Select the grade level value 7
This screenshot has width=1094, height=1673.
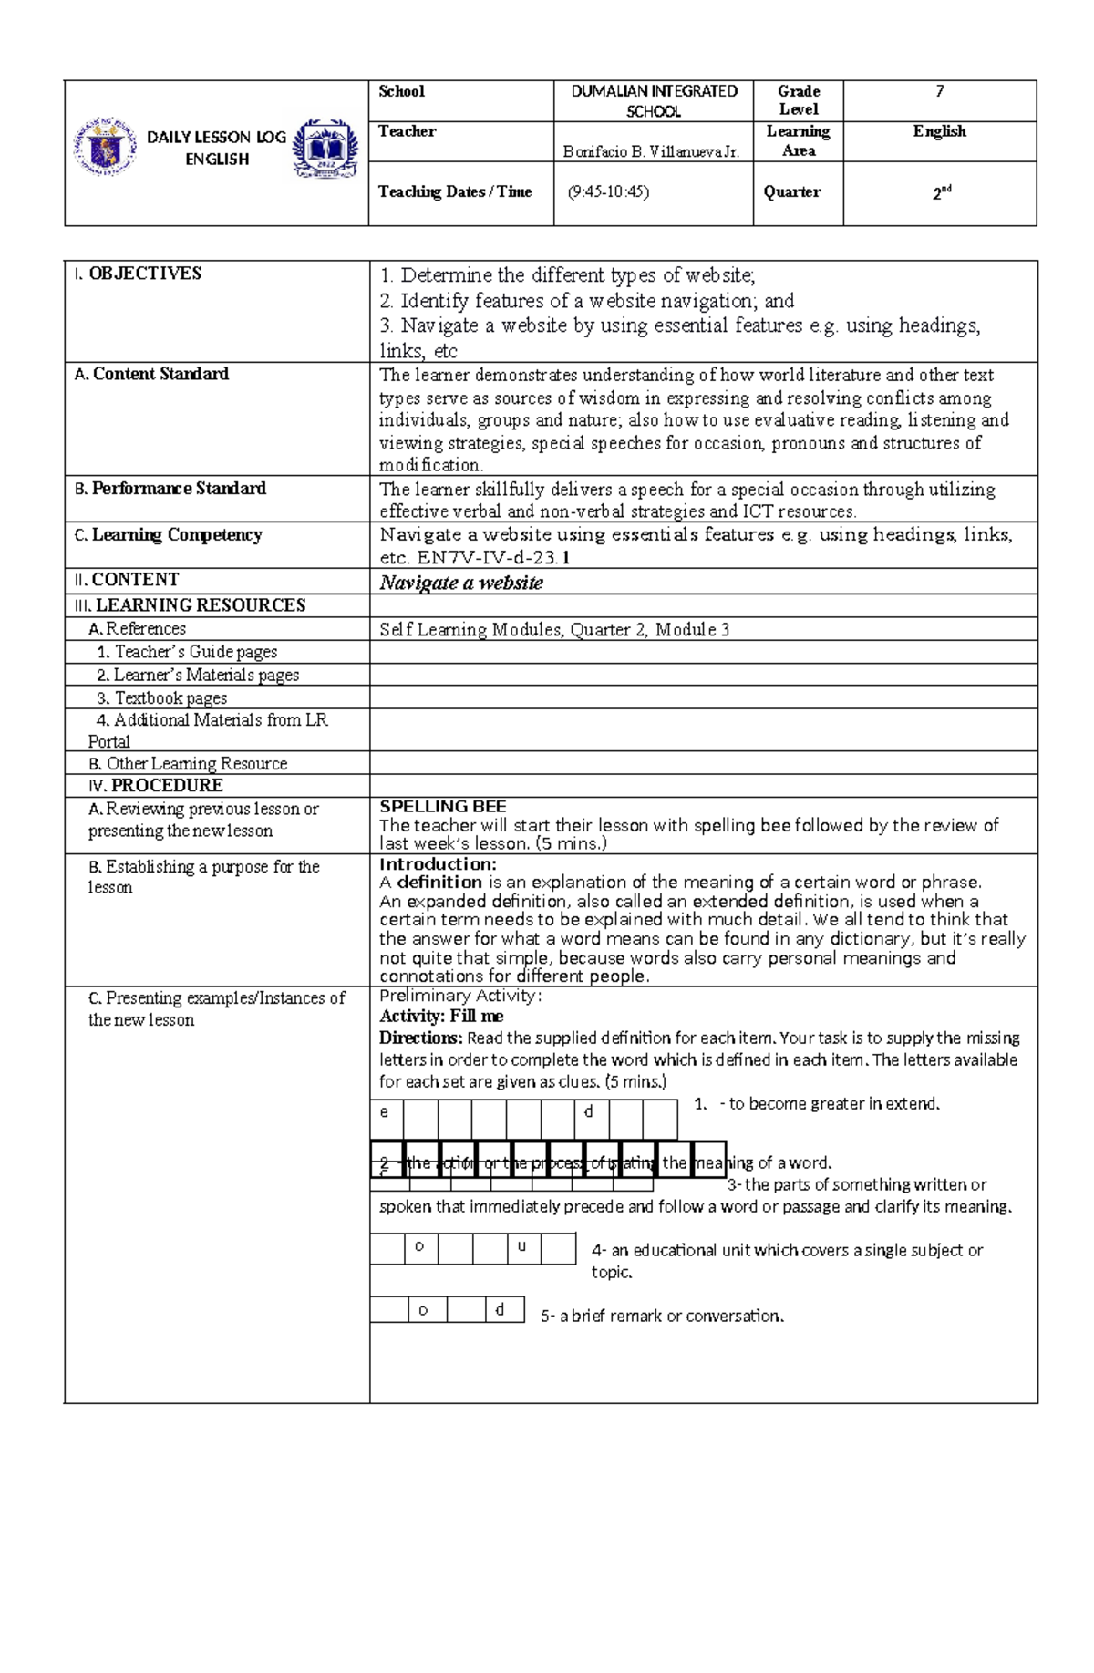click(939, 91)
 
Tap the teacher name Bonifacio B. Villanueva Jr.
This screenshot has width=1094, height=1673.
click(651, 152)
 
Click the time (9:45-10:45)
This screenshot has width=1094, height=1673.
click(608, 191)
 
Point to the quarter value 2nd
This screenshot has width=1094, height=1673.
click(941, 193)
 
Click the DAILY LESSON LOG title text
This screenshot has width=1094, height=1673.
click(217, 138)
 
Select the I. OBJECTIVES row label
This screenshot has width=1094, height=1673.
click(139, 274)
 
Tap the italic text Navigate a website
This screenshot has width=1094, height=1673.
click(461, 583)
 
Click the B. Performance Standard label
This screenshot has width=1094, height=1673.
click(170, 489)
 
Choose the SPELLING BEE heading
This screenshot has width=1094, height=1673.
click(442, 806)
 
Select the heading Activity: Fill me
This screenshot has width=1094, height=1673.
click(441, 1016)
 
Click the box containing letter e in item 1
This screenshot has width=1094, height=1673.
click(386, 1119)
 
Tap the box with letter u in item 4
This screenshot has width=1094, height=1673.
click(523, 1248)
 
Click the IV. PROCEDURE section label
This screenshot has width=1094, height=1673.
click(156, 786)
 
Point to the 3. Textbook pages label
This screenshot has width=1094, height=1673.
click(161, 698)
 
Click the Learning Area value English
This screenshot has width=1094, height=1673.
click(939, 131)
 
